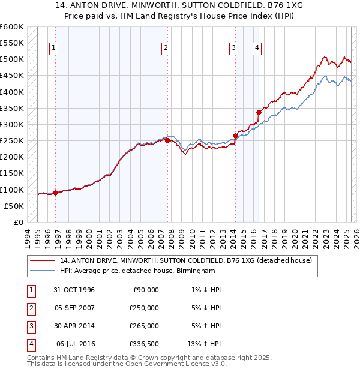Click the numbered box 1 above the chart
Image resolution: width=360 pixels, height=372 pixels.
tap(54, 49)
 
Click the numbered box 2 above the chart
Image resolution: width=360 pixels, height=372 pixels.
tap(166, 49)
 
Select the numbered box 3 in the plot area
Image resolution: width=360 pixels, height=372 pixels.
tap(233, 49)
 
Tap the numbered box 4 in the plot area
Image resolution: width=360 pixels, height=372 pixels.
tap(256, 49)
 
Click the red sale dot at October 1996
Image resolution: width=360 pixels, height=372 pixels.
tap(56, 193)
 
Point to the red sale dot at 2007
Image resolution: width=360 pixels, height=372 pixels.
tap(167, 141)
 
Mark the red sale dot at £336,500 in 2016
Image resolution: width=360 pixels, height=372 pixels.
tap(259, 112)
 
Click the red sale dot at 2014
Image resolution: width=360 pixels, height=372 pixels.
tap(236, 136)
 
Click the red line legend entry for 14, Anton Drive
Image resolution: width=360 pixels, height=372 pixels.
tap(186, 261)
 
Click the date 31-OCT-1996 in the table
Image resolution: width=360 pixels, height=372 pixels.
tap(74, 290)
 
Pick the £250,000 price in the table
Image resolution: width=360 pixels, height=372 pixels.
tap(144, 308)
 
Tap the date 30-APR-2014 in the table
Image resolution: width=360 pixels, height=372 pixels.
tap(74, 326)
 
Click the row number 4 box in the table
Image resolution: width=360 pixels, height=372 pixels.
tap(31, 344)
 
